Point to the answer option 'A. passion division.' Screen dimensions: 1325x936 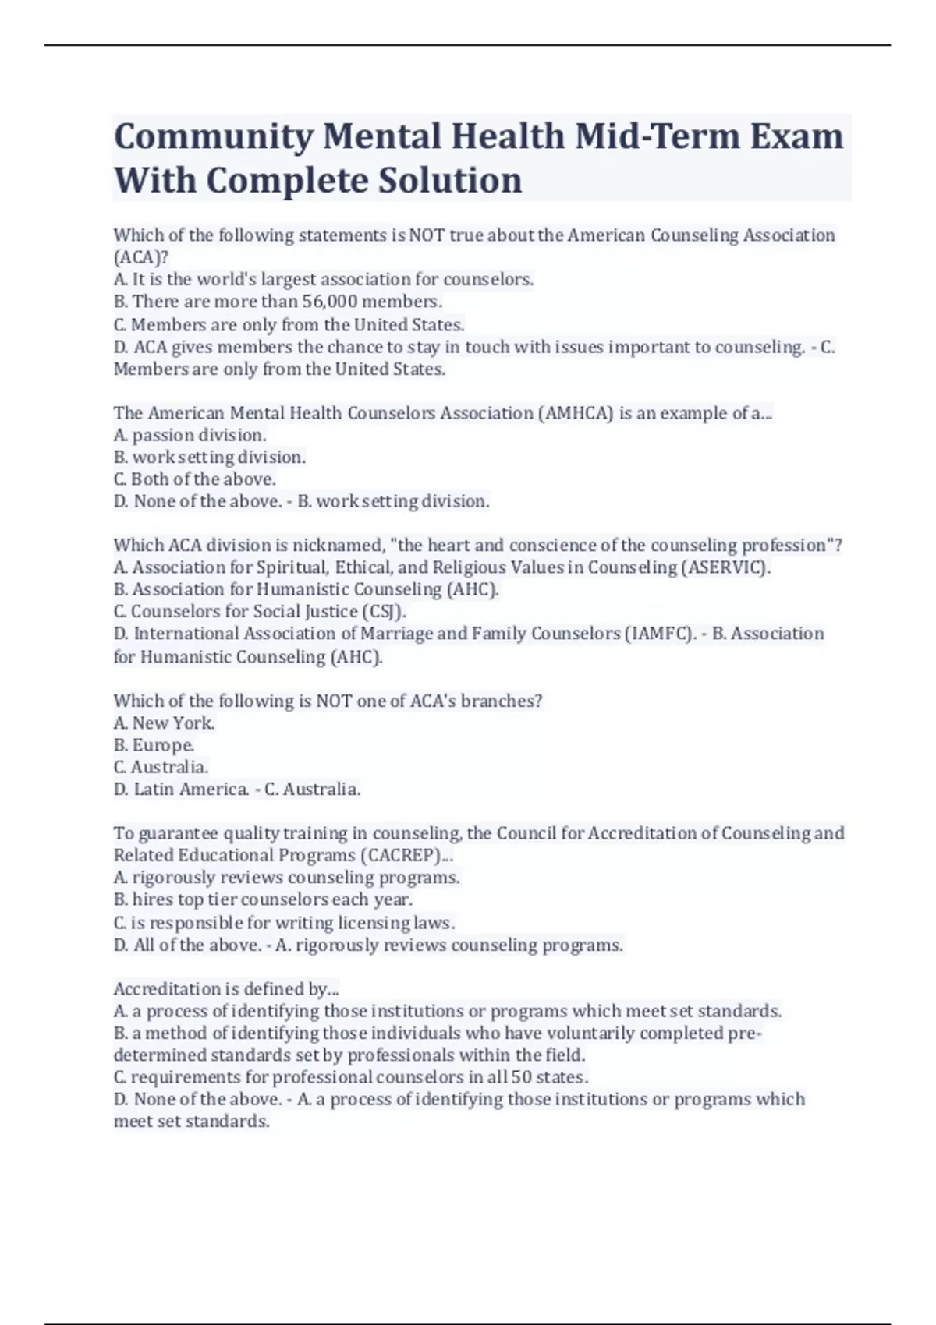coord(190,435)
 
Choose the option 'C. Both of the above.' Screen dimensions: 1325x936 coord(194,479)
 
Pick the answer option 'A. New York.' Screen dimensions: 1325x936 coord(164,723)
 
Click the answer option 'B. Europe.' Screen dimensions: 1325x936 coord(154,745)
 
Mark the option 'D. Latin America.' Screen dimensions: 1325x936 coord(181,790)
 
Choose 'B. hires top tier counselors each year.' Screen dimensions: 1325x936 coord(263,900)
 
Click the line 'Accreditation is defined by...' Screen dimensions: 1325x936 coord(226,989)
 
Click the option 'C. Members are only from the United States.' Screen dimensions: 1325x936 coord(289,324)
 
